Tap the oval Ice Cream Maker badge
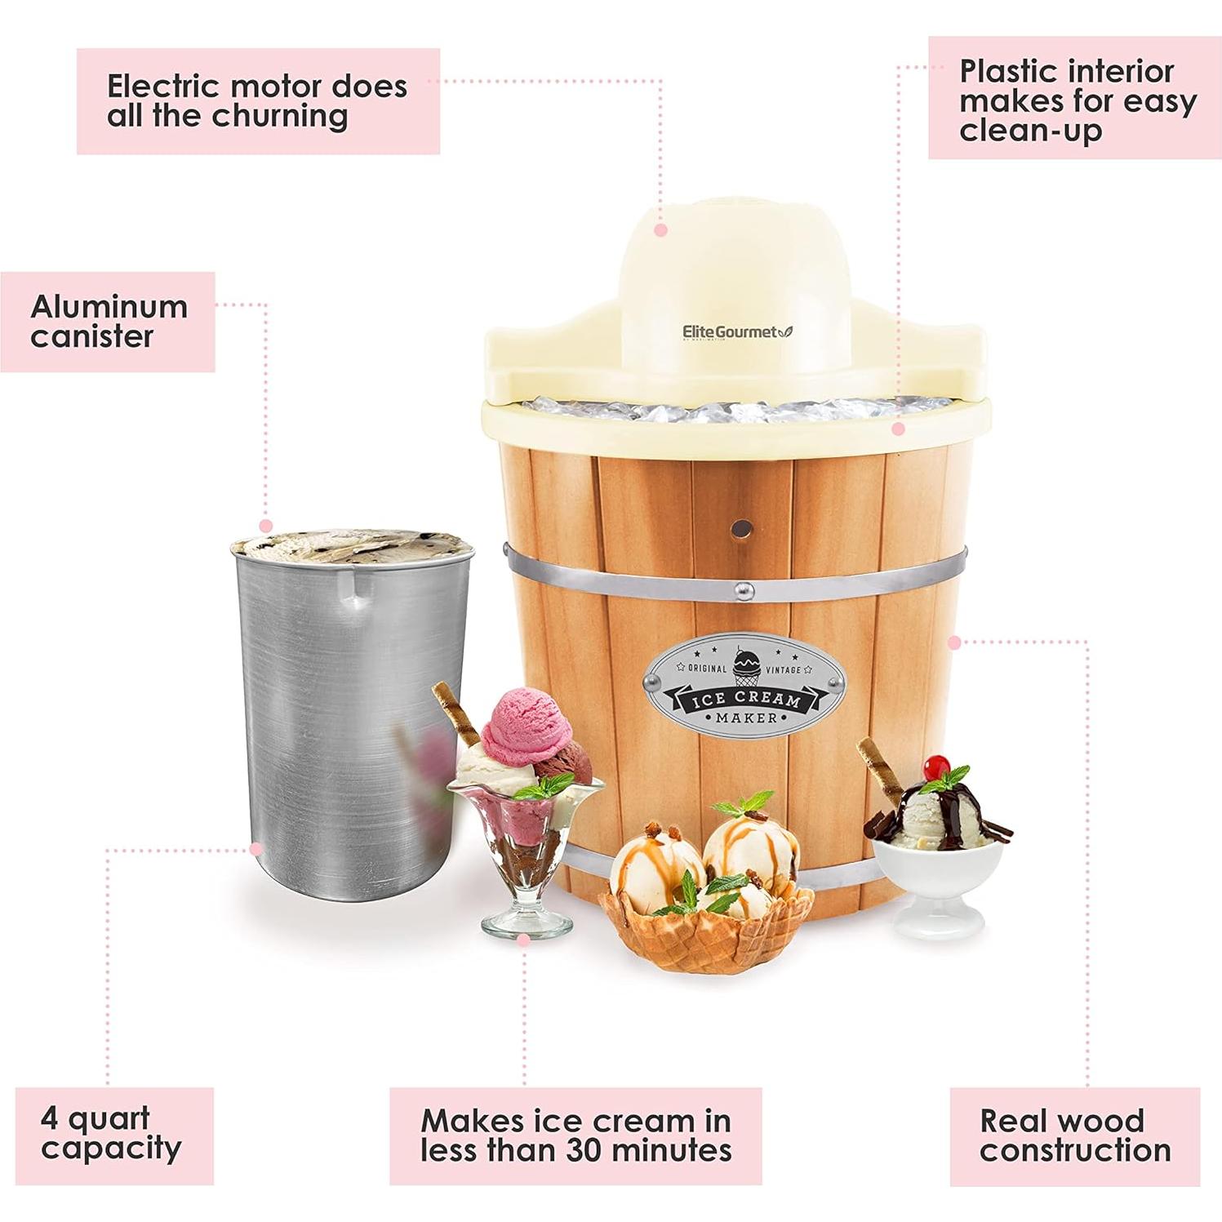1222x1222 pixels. (x=745, y=686)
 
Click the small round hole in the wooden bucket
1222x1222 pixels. (x=741, y=528)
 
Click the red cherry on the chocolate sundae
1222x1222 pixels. (x=935, y=767)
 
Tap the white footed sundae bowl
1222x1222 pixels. (x=937, y=886)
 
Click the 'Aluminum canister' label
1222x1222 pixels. (x=108, y=322)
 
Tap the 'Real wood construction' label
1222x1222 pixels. (x=1074, y=1135)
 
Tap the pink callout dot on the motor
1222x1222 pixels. (x=661, y=231)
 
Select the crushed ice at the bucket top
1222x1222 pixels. (x=735, y=408)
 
